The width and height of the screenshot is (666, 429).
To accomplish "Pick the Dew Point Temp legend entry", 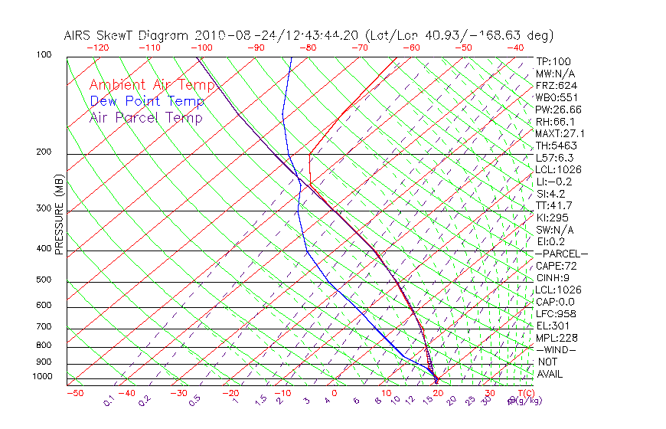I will tap(147, 101).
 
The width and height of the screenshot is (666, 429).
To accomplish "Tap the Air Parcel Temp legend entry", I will tap(146, 117).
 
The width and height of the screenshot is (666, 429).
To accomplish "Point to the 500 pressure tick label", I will tap(44, 280).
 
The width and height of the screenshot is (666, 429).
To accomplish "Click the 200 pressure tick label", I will tap(44, 152).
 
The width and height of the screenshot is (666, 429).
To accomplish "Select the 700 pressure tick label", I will tap(44, 327).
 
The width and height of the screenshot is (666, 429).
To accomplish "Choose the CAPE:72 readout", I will tap(557, 266).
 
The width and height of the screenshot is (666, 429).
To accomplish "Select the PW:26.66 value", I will tap(559, 110).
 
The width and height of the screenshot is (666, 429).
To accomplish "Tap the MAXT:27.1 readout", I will tap(561, 133).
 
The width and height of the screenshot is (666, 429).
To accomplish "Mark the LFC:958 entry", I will tap(557, 314).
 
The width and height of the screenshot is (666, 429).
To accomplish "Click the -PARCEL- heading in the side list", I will tap(562, 254).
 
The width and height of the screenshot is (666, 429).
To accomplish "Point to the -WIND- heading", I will tap(557, 349).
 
